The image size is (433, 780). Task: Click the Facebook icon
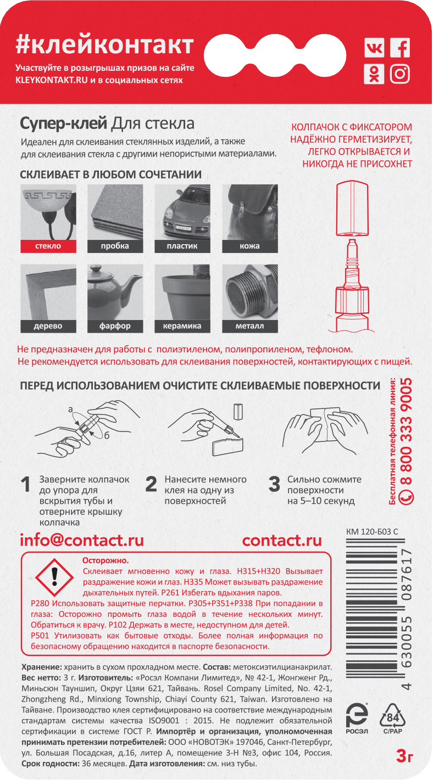400,48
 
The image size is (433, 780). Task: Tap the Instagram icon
400,74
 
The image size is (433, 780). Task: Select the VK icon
374,48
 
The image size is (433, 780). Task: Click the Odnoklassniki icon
374,74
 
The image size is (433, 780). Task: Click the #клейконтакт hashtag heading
104,44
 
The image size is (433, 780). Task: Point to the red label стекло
48,246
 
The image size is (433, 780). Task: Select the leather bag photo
249,211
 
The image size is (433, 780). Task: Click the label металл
249,326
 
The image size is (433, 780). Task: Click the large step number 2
151,485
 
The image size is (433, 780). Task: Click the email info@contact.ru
82,540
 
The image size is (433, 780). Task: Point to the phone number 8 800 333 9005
407,439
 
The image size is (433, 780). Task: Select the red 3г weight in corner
405,757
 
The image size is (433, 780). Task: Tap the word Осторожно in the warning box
106,560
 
